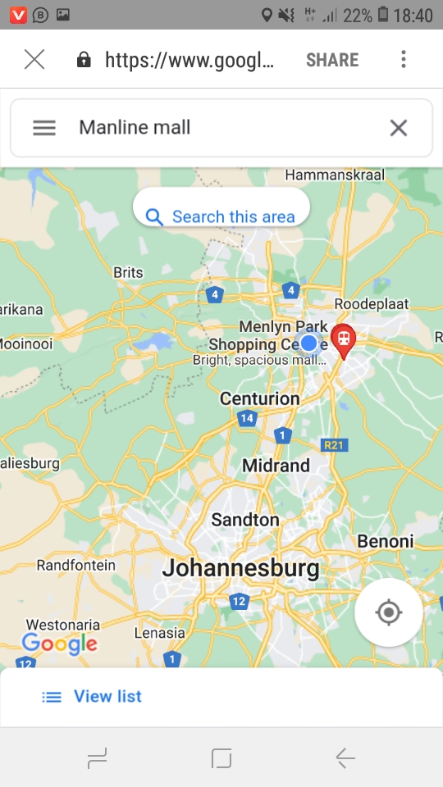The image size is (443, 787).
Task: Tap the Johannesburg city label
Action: coord(240,567)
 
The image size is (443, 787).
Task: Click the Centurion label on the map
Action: coord(259,398)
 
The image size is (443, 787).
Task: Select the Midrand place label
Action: coord(276,466)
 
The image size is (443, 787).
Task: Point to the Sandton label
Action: coord(245,519)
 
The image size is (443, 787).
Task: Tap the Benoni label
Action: coord(386,541)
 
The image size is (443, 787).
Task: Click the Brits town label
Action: coord(128,272)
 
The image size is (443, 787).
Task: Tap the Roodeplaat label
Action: coord(371,303)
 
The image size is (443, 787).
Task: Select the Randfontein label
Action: coord(76,565)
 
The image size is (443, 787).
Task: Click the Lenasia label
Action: coord(159,632)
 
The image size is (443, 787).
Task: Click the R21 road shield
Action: coord(335,444)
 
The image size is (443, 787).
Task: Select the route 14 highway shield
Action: coord(247,418)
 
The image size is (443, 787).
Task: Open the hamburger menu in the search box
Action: coord(44,128)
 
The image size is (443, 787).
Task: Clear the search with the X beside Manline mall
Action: coord(398,128)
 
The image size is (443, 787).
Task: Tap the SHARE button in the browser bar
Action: coord(332,60)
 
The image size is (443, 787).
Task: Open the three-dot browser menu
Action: coord(403,60)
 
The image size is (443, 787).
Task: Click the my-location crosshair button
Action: coord(389,612)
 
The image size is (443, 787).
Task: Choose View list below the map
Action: coord(92,696)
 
